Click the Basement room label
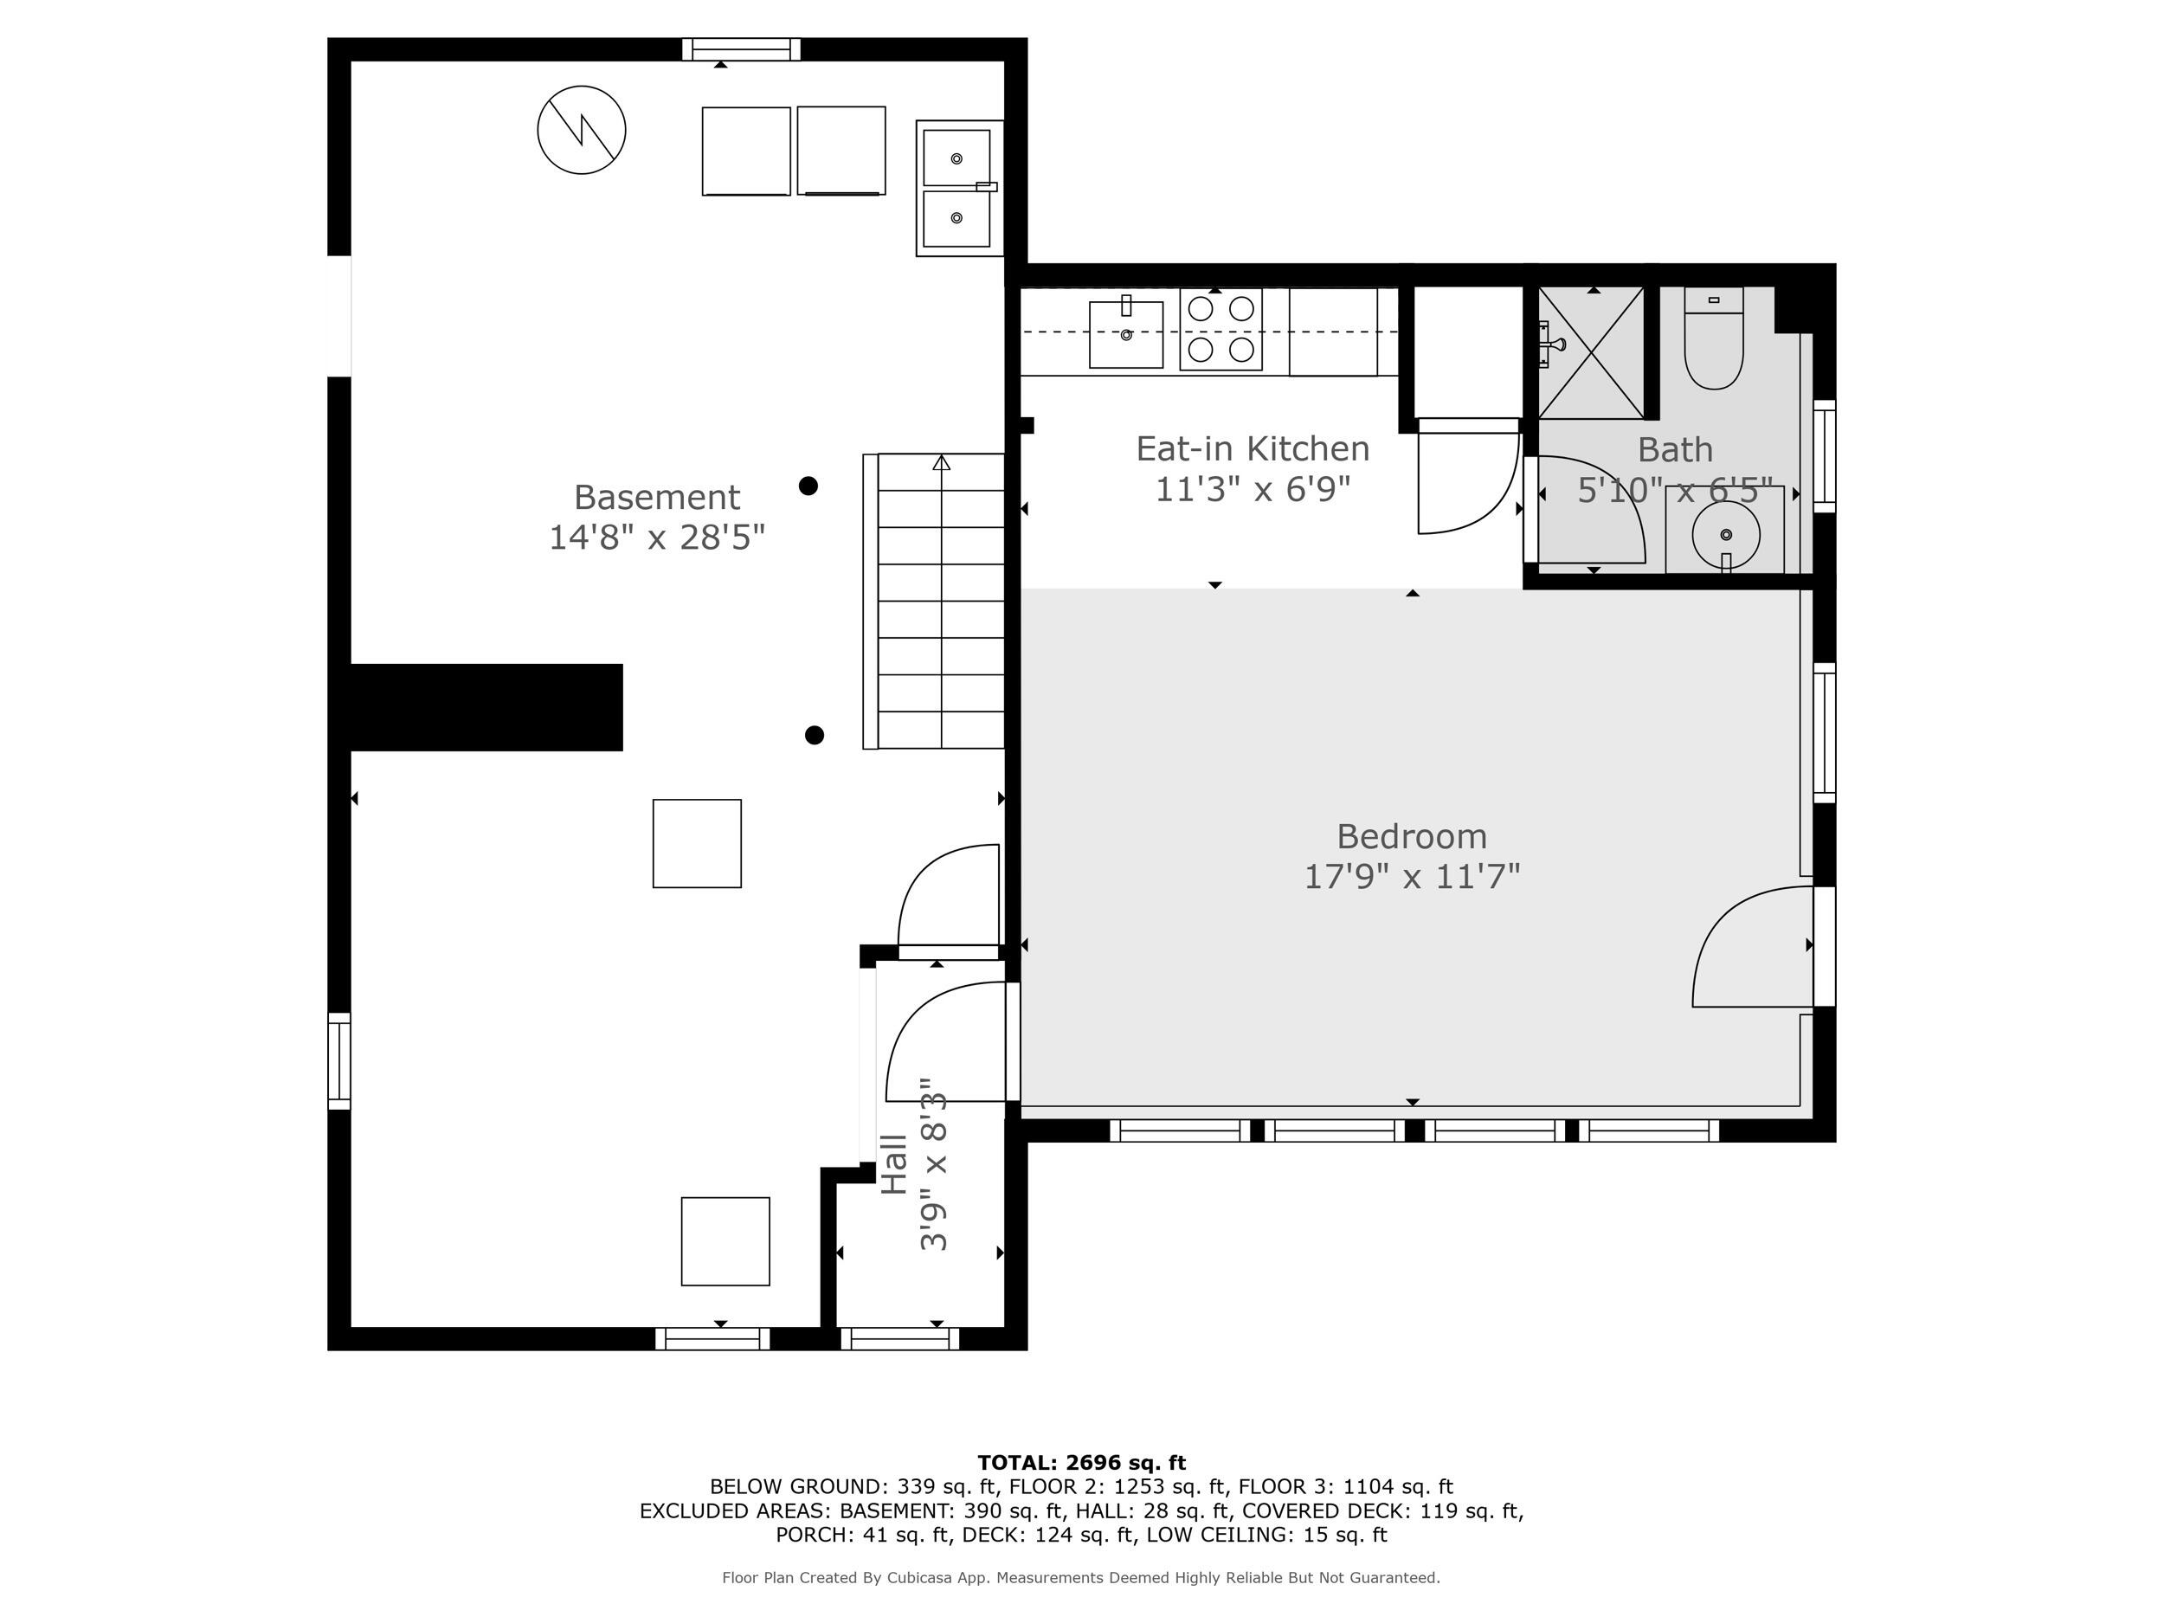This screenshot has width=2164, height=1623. (x=656, y=497)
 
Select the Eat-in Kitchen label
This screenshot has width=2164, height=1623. (x=1253, y=449)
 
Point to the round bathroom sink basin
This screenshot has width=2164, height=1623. (x=1726, y=534)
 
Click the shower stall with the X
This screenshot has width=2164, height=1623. (x=1592, y=353)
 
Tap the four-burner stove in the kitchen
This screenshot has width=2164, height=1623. (x=1220, y=330)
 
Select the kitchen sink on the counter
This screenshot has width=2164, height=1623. (x=1125, y=335)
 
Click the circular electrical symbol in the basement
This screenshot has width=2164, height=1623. (x=581, y=130)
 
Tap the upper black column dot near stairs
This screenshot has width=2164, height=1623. (x=808, y=486)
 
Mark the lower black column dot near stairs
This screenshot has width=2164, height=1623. (x=814, y=735)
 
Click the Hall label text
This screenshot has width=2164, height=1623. (x=894, y=1164)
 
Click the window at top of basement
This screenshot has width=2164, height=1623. (x=741, y=49)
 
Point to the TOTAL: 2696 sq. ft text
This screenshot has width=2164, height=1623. (x=1081, y=1463)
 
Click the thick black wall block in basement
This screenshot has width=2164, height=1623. (x=486, y=707)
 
